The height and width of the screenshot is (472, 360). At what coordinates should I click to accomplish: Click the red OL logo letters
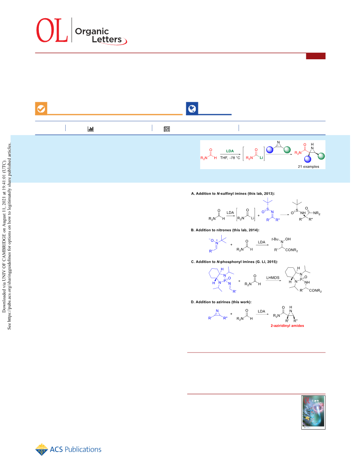click(x=52, y=30)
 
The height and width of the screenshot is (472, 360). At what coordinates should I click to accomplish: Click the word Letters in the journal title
click(x=107, y=39)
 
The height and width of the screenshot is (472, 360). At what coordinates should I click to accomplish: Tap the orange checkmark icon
click(x=41, y=108)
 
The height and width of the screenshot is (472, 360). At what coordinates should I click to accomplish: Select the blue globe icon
click(x=192, y=108)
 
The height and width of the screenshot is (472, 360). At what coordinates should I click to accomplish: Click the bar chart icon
click(x=90, y=129)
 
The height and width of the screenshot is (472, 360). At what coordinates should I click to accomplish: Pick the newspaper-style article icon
click(x=167, y=129)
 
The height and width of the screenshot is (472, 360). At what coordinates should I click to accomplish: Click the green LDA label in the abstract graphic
click(x=230, y=151)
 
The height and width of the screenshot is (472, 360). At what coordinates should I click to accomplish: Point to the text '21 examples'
click(x=308, y=167)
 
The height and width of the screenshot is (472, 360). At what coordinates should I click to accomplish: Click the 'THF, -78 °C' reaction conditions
click(x=230, y=158)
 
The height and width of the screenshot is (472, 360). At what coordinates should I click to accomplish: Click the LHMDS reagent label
click(x=273, y=278)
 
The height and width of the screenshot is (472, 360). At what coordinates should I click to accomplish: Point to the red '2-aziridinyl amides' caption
click(x=287, y=326)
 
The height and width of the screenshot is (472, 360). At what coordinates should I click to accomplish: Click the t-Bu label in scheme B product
click(x=275, y=239)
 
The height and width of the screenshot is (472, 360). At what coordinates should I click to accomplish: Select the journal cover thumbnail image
click(x=313, y=412)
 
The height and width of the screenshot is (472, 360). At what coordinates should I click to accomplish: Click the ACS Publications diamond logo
click(x=41, y=450)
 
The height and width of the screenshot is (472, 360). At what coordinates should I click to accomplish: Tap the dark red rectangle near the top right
click(x=316, y=56)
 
